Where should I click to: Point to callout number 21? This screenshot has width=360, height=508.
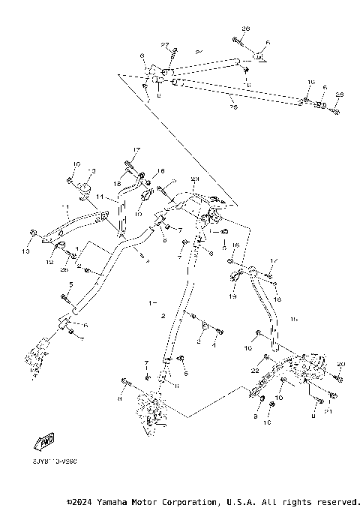tap(328, 410)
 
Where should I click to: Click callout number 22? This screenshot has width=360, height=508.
tap(254, 371)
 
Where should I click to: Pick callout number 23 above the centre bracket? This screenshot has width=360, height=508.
tap(193, 179)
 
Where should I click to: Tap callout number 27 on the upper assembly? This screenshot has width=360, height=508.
tap(165, 46)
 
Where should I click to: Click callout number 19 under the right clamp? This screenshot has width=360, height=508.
tap(232, 296)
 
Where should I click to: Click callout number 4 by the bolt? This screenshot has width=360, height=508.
tap(214, 345)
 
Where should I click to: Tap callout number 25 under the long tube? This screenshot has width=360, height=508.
tap(232, 107)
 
